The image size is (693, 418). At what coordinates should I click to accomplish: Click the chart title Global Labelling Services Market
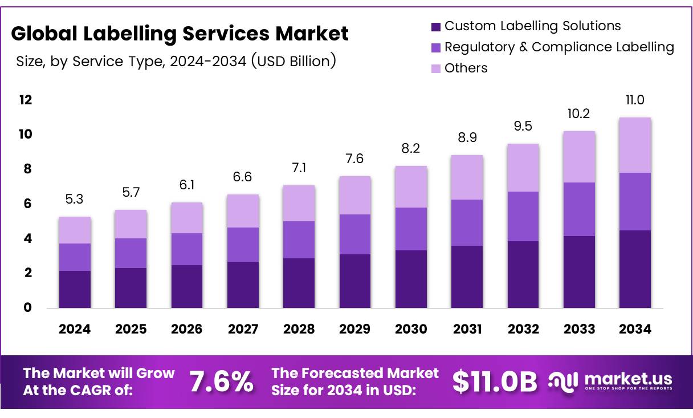(180, 34)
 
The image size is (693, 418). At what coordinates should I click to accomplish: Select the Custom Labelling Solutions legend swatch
(436, 26)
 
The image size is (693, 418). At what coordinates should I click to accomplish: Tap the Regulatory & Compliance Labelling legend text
(559, 47)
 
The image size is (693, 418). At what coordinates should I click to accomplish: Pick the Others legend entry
(466, 68)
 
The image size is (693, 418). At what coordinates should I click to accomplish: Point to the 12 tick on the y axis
(26, 100)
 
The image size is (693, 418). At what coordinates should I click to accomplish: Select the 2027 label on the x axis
(243, 329)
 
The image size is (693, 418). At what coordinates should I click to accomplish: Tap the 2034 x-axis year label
(635, 329)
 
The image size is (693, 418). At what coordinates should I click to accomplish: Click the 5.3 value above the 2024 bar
(75, 200)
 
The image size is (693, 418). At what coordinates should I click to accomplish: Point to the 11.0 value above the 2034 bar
(635, 100)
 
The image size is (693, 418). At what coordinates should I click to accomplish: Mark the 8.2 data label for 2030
(411, 149)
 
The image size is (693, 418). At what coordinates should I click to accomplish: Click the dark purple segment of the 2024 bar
(75, 289)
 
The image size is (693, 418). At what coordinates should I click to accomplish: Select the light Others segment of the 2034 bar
(635, 145)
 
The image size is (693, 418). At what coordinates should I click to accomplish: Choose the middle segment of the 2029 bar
(354, 234)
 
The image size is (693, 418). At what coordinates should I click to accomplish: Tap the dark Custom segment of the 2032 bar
(523, 274)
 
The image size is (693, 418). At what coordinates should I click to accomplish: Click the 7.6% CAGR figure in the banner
(221, 382)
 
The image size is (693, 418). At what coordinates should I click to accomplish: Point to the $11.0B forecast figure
(495, 382)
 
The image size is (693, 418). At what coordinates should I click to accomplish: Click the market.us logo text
(628, 379)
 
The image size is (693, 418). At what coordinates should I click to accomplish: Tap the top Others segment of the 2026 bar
(186, 218)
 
